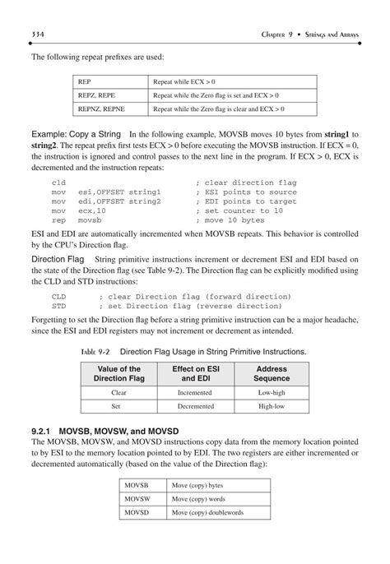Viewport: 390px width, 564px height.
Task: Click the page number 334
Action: click(39, 33)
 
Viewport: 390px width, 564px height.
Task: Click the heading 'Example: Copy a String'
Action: click(77, 133)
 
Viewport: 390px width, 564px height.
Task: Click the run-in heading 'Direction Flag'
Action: click(58, 259)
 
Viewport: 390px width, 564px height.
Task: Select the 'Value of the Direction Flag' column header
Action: click(118, 374)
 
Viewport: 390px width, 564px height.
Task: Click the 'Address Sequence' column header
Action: click(271, 374)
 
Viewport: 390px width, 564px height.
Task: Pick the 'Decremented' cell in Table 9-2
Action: click(194, 405)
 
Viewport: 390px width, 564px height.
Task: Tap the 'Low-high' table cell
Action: click(271, 393)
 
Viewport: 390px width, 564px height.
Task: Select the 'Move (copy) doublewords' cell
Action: click(207, 512)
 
